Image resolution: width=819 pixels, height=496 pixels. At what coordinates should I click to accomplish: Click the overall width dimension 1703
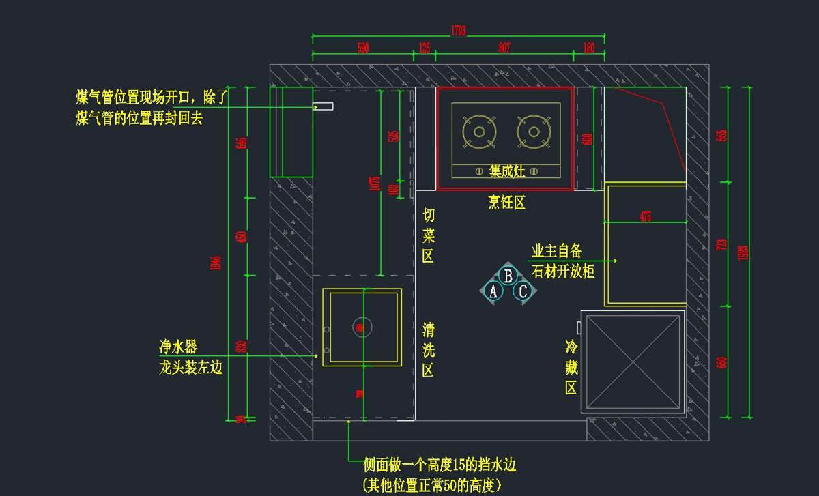[x=458, y=30]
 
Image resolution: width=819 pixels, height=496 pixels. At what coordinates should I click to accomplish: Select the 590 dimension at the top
[x=362, y=48]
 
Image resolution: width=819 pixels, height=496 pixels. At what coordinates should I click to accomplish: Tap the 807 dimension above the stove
[x=504, y=48]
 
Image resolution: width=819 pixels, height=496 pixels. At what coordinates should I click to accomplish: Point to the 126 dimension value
[x=424, y=48]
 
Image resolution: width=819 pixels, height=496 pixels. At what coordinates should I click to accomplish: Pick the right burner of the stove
[x=533, y=131]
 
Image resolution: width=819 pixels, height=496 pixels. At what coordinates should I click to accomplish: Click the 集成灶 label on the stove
[x=507, y=171]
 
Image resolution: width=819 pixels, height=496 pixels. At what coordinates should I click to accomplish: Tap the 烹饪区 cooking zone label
[x=506, y=202]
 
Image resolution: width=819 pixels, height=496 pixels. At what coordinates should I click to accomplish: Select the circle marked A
[x=493, y=292]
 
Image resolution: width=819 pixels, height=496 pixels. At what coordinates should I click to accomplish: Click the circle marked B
[x=508, y=276]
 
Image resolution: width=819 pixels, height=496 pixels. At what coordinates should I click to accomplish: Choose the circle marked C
[x=523, y=292]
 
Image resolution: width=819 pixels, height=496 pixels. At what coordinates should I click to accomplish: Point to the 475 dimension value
[x=645, y=217]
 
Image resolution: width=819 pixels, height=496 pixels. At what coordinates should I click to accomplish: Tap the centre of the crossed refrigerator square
[x=633, y=362]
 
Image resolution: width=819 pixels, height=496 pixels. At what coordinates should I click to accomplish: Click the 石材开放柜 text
[x=563, y=272]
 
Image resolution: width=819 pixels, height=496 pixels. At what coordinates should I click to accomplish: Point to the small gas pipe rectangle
[x=324, y=106]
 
